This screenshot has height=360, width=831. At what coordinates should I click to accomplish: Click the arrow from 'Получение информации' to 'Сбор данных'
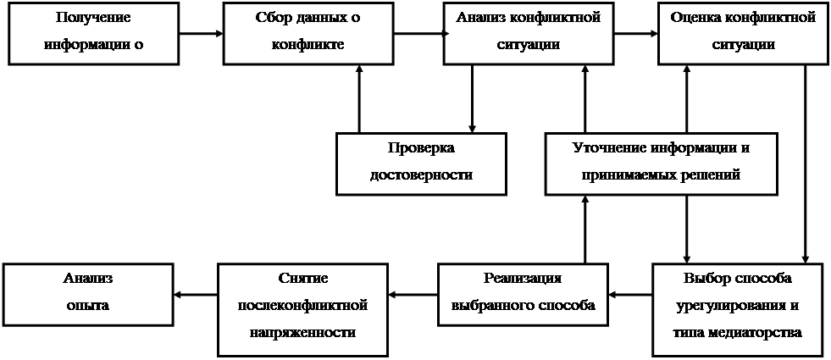click(x=202, y=33)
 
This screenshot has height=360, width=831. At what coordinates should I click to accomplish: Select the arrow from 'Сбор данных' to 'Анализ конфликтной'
click(x=418, y=33)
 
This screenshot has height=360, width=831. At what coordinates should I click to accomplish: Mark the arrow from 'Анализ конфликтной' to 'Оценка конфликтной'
click(x=636, y=33)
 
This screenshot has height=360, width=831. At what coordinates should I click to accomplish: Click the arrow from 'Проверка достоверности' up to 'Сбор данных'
click(x=359, y=98)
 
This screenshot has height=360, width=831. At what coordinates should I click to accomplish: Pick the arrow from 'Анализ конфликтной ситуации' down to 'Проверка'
click(x=472, y=98)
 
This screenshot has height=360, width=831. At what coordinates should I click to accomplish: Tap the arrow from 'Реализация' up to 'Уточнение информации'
click(x=585, y=229)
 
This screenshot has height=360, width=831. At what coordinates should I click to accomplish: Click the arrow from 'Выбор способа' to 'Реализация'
click(x=629, y=294)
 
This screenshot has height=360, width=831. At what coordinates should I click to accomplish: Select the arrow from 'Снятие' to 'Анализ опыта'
click(x=196, y=294)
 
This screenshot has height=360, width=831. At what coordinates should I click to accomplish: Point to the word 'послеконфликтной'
click(x=303, y=305)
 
